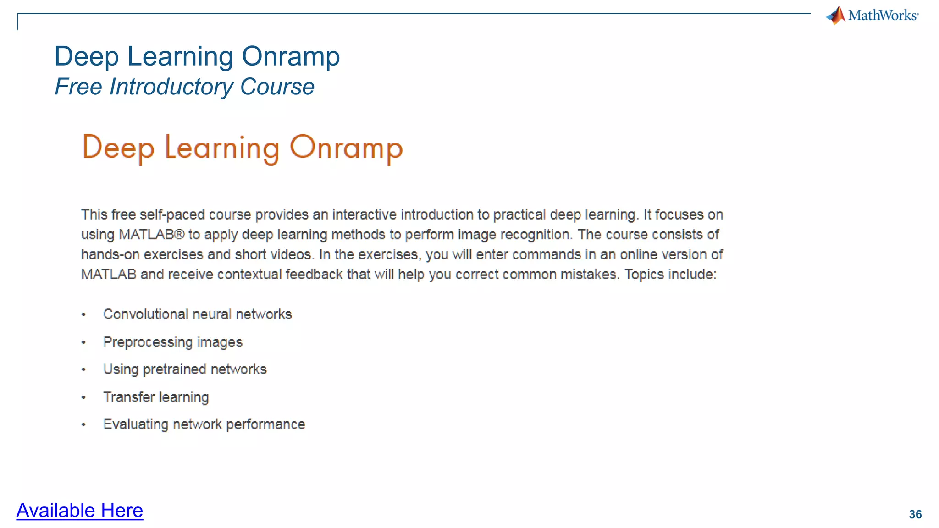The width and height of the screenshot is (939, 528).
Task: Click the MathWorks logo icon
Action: [x=836, y=16]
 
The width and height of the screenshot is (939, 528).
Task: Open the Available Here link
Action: [x=80, y=511]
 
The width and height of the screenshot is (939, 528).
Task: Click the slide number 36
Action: [x=915, y=514]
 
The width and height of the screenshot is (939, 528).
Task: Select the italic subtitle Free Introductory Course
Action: [x=184, y=87]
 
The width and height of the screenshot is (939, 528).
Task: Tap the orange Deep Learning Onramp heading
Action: [x=242, y=148]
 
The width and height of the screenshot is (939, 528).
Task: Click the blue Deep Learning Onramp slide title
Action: [x=197, y=56]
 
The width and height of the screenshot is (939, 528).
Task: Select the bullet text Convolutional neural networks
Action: [x=197, y=314]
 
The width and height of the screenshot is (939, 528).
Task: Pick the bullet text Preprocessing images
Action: [x=172, y=342]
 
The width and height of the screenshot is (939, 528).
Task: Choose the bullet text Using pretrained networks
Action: [x=185, y=369]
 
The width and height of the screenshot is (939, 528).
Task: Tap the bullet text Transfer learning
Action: [x=156, y=397]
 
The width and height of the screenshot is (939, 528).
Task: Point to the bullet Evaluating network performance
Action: [x=204, y=424]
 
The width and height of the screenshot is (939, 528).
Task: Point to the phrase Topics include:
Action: [x=670, y=275]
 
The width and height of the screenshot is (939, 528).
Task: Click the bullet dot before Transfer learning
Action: [x=83, y=397]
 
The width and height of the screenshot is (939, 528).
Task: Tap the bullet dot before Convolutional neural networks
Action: [x=83, y=315]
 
